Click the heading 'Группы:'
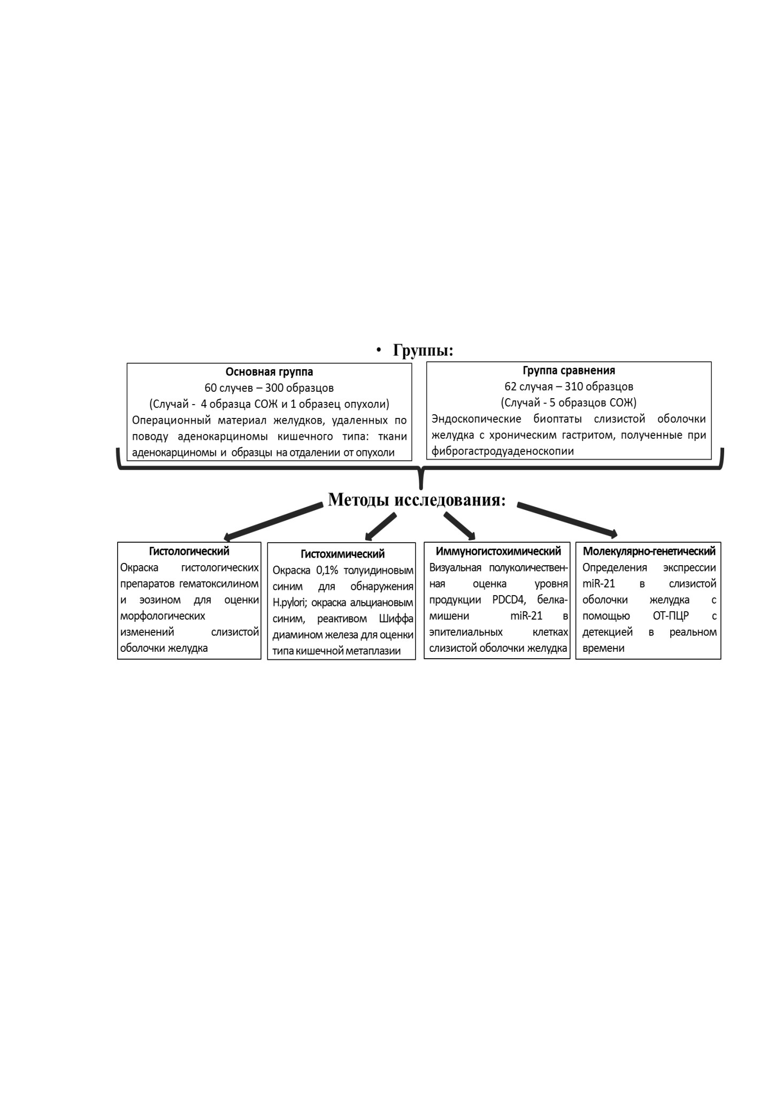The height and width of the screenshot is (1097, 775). coord(423,351)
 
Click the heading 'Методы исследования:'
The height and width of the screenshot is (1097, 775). coord(417,499)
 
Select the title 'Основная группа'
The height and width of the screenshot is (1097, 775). coord(269,371)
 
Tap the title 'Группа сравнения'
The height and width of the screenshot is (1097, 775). coord(569,370)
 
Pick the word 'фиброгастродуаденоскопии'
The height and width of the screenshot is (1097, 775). coord(503,451)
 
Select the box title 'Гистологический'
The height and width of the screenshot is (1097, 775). coord(189,551)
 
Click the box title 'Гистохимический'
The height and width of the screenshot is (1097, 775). coord(342,554)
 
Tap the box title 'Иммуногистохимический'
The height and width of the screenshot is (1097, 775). coord(498,551)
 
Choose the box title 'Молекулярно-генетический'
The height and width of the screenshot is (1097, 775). coord(649,551)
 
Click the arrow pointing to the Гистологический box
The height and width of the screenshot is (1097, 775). coord(273,522)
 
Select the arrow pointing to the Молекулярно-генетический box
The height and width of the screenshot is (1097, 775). coord(567,520)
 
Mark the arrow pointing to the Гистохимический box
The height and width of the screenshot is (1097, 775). coord(381,527)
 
